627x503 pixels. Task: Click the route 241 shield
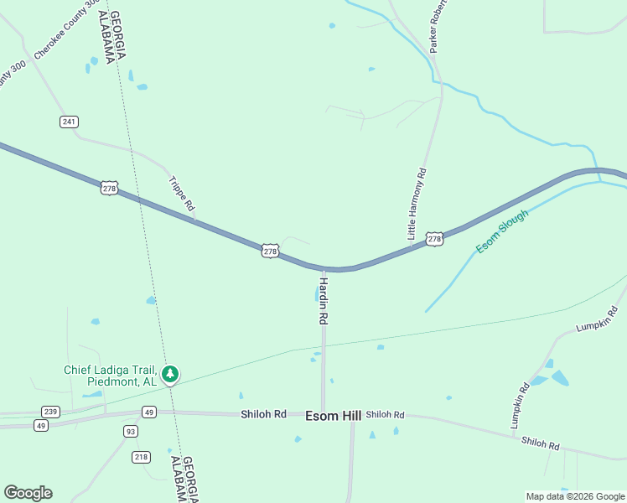point(69,122)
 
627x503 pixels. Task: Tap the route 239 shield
point(50,412)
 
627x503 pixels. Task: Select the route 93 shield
point(130,431)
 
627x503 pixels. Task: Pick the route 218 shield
point(141,457)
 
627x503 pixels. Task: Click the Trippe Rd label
point(182,193)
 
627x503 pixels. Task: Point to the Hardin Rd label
point(323,301)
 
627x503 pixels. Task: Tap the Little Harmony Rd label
point(417,205)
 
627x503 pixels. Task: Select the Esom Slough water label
point(502,231)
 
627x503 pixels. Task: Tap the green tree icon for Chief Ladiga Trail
point(170,374)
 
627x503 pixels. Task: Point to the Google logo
point(28,493)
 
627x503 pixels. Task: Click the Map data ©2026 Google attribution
point(576,496)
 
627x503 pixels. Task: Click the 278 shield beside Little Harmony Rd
point(434,240)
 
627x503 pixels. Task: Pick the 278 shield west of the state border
point(108,188)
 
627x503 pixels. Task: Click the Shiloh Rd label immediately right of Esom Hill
point(386,415)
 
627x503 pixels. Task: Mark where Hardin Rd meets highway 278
point(324,269)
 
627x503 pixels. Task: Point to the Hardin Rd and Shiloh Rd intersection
point(323,413)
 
